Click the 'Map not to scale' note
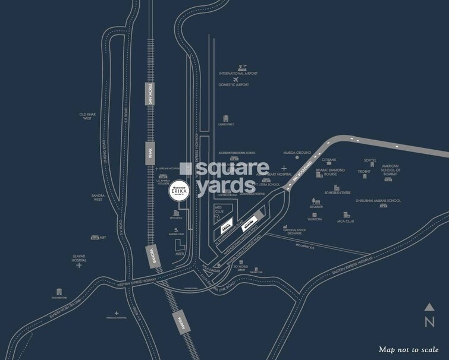click(409, 349)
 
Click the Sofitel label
click(371, 160)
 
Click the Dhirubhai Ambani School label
click(378, 201)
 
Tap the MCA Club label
click(346, 221)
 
